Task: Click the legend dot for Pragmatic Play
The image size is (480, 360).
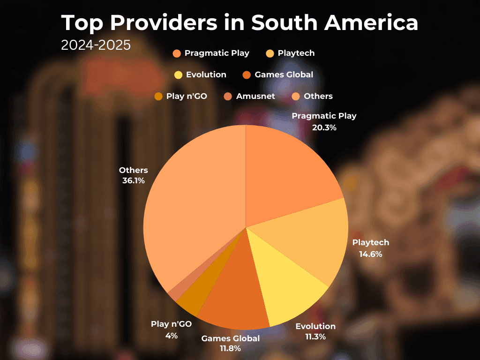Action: click(177, 53)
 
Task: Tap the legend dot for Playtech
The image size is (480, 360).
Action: click(270, 53)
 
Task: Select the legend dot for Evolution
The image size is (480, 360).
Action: click(178, 75)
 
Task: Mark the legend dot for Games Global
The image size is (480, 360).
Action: click(247, 75)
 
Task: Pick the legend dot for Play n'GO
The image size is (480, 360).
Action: click(158, 97)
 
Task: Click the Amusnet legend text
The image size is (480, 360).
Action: click(255, 96)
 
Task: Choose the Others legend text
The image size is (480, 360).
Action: click(318, 96)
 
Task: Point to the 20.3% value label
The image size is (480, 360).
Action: click(324, 127)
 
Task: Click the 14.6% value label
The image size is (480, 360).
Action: click(371, 254)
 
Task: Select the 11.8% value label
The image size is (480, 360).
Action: click(230, 348)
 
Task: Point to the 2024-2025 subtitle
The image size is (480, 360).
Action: click(96, 45)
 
